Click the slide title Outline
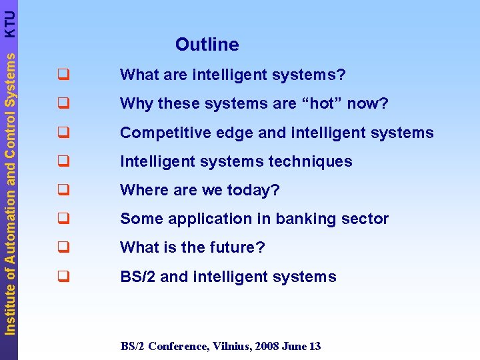click(x=207, y=45)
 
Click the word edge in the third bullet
click(x=236, y=133)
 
